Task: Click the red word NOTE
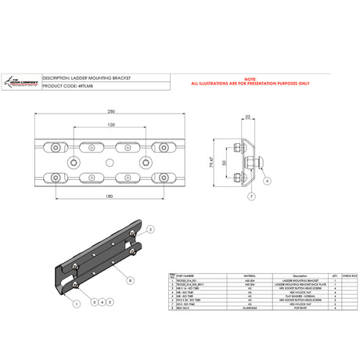(x=250, y=78)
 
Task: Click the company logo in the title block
(x=22, y=81)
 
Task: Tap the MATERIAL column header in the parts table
(x=230, y=275)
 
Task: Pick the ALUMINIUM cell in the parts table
(x=230, y=310)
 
